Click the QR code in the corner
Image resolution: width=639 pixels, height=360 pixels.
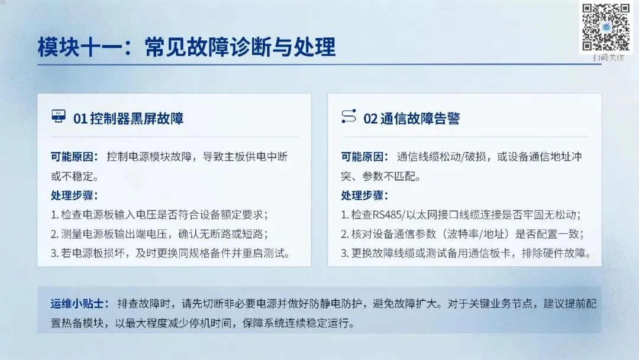pyautogui.click(x=606, y=27)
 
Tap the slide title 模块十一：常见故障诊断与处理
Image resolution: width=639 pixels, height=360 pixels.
pyautogui.click(x=186, y=47)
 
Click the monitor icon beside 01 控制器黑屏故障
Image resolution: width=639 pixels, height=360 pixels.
pyautogui.click(x=59, y=116)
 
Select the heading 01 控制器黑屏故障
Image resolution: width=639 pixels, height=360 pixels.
pyautogui.click(x=128, y=118)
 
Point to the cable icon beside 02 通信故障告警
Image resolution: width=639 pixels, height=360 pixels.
pyautogui.click(x=349, y=116)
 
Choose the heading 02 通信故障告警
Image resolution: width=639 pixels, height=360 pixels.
pyautogui.click(x=412, y=118)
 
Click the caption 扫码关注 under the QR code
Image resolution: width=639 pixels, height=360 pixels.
pyautogui.click(x=608, y=57)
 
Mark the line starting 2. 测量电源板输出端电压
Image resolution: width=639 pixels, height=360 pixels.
pyautogui.click(x=159, y=234)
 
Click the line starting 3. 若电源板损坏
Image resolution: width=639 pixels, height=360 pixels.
pyautogui.click(x=170, y=253)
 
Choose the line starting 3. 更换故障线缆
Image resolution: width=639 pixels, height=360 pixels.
pyautogui.click(x=466, y=253)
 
